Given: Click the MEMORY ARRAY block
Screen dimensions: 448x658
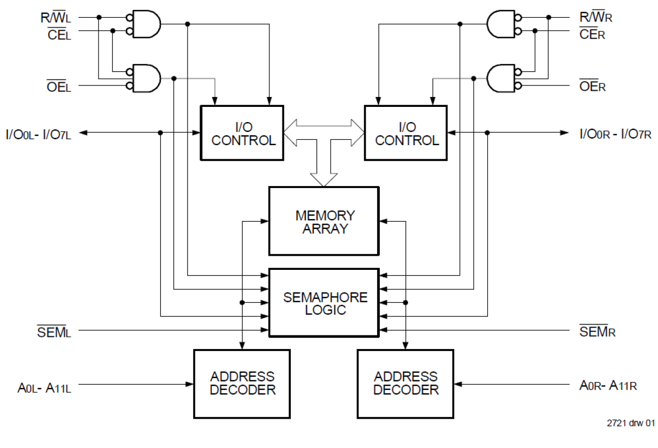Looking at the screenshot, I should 323,221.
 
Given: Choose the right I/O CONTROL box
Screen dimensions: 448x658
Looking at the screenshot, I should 406,133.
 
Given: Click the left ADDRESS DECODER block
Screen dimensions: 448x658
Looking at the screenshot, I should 242,384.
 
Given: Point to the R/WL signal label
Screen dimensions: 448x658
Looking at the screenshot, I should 56,17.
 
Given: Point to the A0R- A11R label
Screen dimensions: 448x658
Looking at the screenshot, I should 608,386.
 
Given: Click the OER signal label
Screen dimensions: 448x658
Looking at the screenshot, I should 593,86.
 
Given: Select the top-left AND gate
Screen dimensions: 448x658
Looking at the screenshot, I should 146,24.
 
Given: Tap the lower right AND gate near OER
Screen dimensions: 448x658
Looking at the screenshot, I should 502,78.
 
